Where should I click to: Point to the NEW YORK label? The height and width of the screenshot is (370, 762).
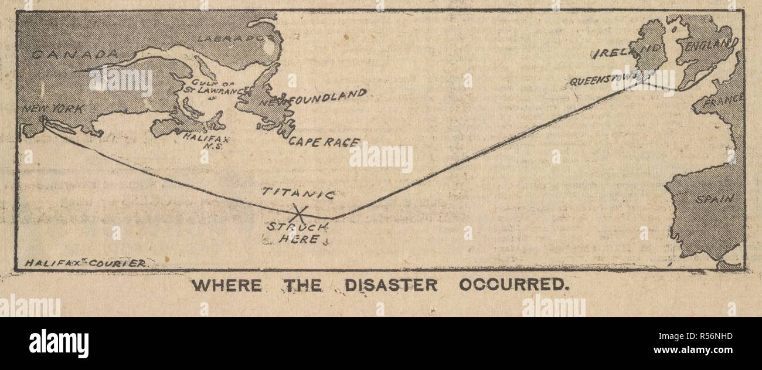53,109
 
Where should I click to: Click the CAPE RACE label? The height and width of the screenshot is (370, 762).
323,142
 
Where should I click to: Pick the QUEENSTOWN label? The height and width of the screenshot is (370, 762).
604,81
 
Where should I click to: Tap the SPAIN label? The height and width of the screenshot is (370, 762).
714,199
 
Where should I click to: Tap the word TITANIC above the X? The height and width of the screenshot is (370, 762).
298,193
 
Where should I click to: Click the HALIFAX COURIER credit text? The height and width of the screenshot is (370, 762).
86,263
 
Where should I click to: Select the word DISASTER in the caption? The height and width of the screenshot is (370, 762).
390,286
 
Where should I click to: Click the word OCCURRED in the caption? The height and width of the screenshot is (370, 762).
514,286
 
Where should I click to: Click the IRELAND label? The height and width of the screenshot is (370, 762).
628,52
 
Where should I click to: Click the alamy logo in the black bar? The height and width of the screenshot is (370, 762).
59,343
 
